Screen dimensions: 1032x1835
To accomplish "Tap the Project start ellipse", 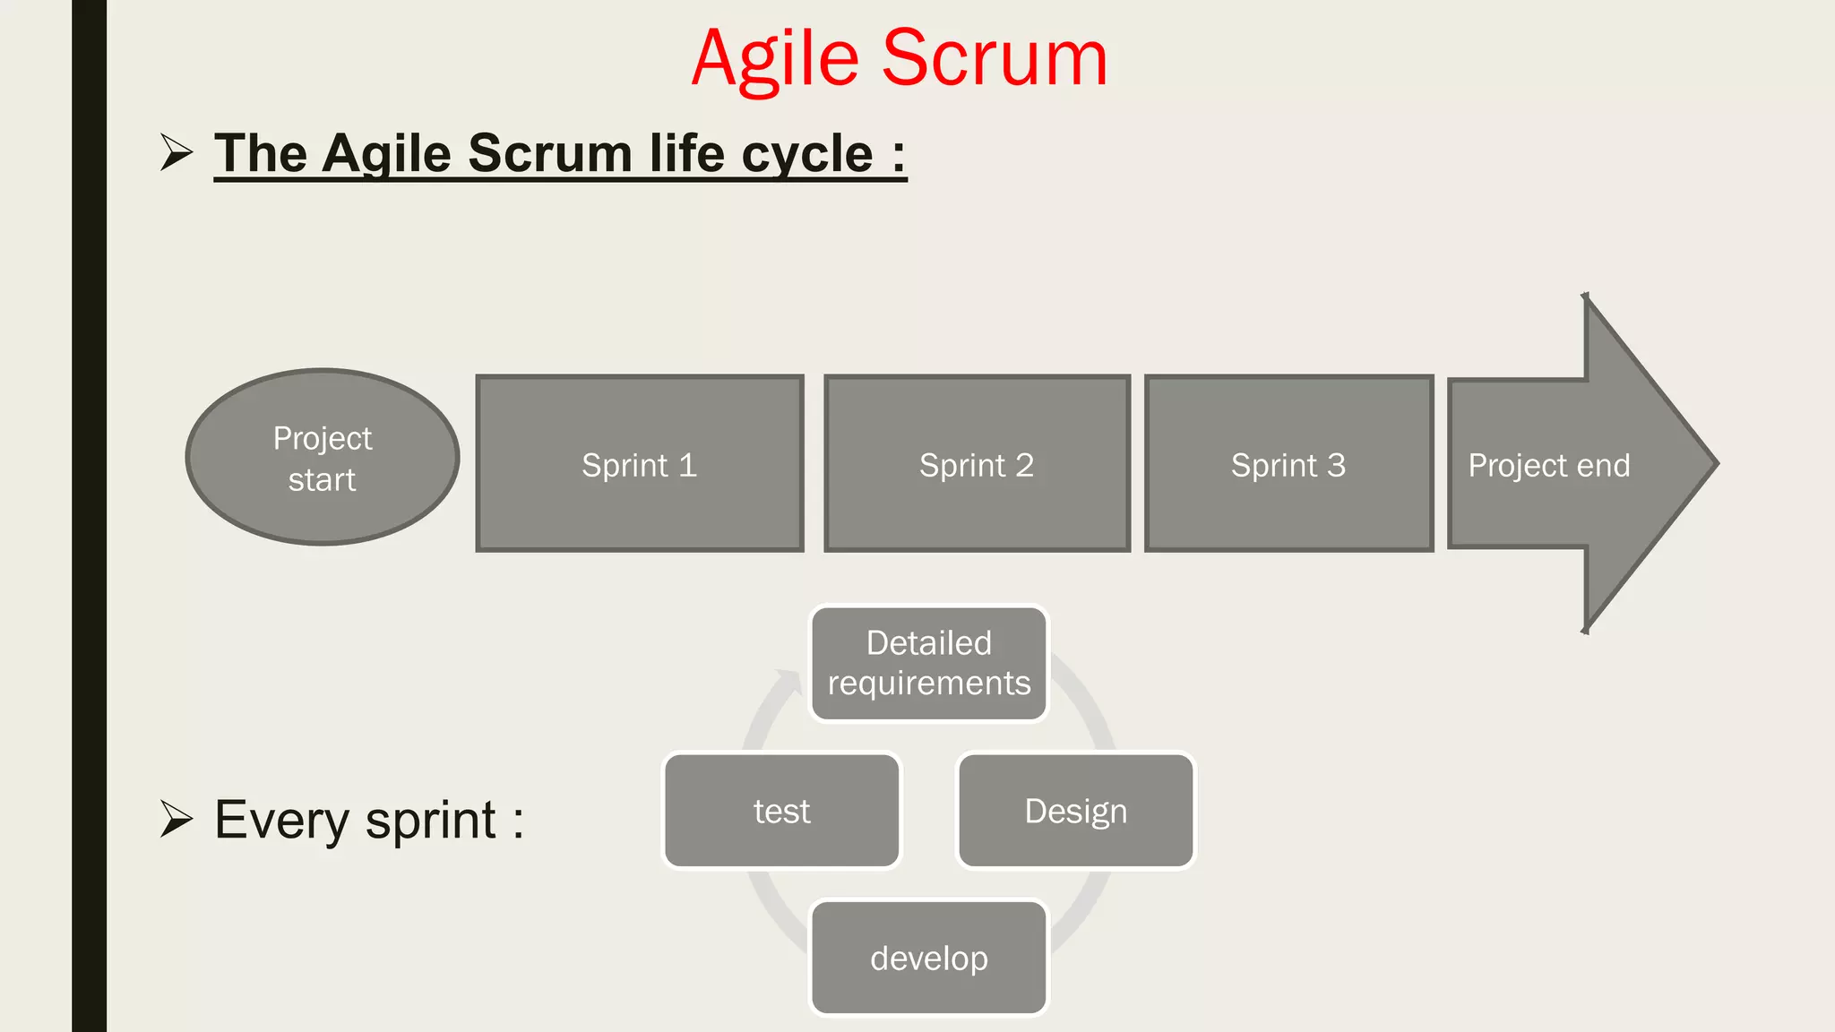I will point(323,458).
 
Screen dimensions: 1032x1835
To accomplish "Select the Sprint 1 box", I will point(639,464).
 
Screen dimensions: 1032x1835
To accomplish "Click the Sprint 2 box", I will point(977,464).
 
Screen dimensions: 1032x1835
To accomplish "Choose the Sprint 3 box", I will point(1288,464).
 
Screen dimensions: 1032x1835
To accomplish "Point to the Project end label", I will point(1548,466).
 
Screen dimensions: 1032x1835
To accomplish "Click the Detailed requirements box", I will point(929,664).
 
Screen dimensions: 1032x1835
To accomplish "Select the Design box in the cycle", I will point(1075,811).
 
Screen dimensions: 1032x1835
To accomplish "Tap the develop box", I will point(929,958).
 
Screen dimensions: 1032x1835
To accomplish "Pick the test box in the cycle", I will point(781,811).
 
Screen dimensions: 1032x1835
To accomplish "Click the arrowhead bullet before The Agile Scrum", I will point(177,152).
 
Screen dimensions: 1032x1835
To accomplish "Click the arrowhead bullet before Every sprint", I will point(177,819).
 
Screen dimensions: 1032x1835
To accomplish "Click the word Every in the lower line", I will point(281,821).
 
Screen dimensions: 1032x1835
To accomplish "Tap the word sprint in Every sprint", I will point(431,821).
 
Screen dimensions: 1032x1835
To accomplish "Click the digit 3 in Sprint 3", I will point(1336,465).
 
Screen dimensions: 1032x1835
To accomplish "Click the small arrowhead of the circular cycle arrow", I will point(790,682).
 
